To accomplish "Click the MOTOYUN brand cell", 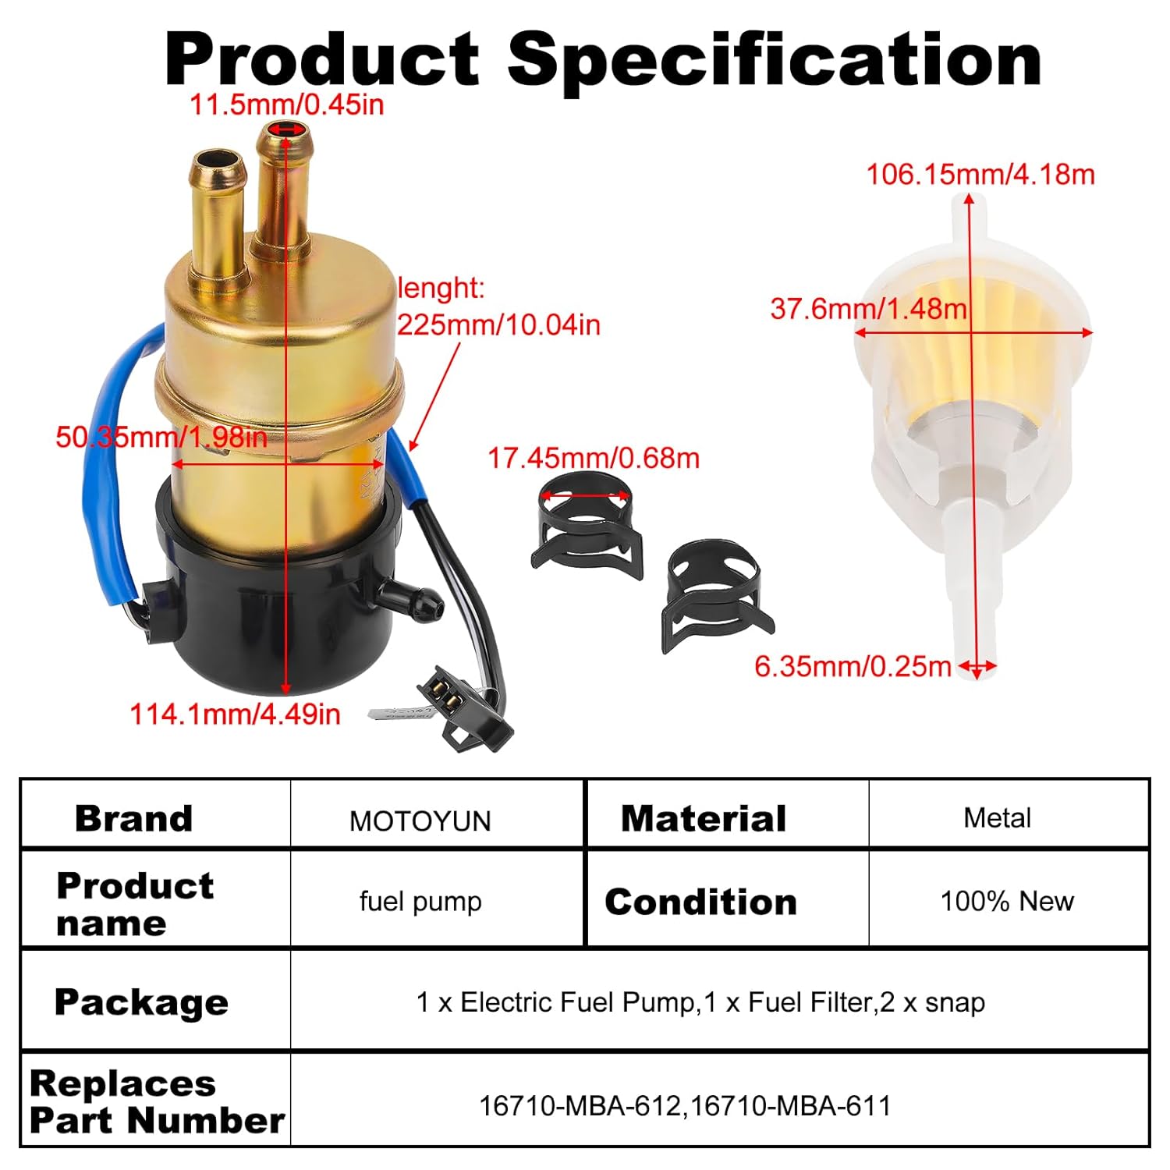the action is [x=420, y=821].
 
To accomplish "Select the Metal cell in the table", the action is [x=997, y=817].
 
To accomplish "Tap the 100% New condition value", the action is [x=1006, y=901].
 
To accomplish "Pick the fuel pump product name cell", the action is [x=420, y=901].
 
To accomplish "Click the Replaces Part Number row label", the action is [x=156, y=1101].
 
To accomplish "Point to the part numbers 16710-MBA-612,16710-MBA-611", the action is [x=684, y=1105].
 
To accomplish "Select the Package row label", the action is [x=141, y=1002].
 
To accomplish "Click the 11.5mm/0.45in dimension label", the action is [x=287, y=105].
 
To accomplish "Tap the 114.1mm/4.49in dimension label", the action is [x=235, y=714].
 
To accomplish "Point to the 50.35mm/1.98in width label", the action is [x=161, y=437].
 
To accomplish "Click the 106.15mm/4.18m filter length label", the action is [x=980, y=174].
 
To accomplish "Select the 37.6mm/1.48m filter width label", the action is [x=868, y=309].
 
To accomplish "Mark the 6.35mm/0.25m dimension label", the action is [x=853, y=666].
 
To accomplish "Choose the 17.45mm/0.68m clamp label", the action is [x=593, y=458].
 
